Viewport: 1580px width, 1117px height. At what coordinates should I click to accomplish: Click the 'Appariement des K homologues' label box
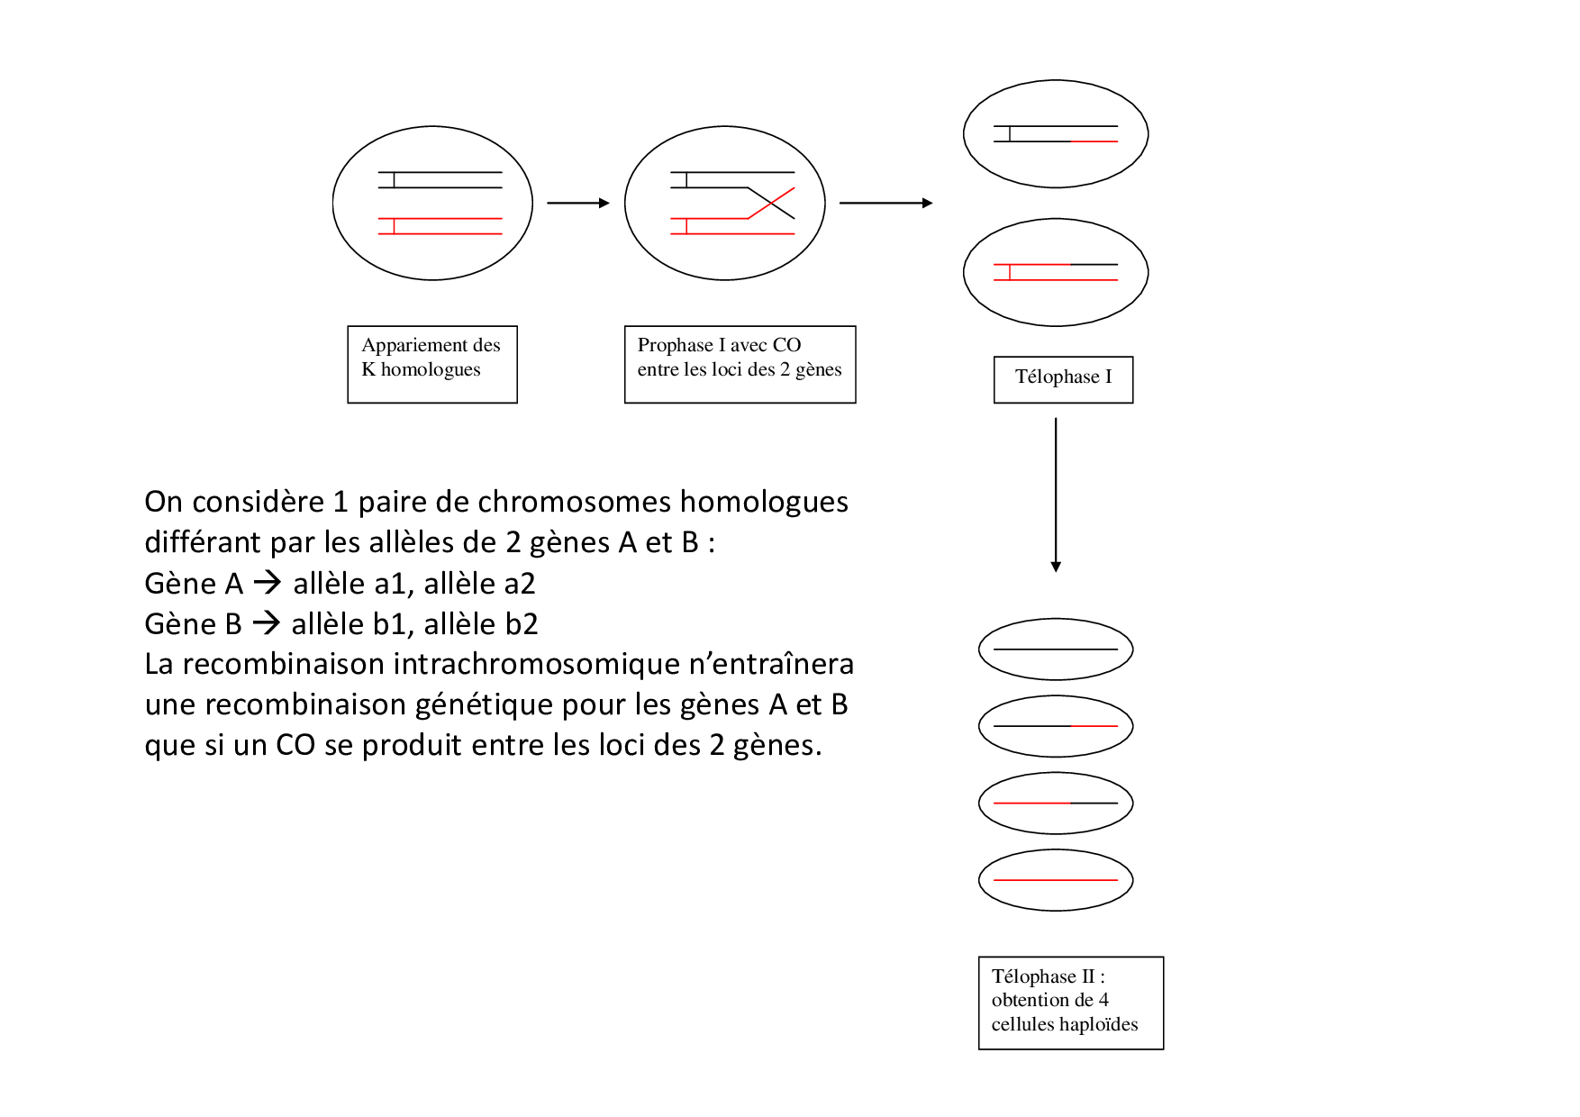(432, 364)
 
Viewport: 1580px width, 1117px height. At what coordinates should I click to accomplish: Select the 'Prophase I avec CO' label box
(740, 364)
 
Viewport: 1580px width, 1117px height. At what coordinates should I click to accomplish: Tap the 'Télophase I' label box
(1063, 379)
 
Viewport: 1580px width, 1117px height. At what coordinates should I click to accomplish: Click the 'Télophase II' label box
(1070, 1002)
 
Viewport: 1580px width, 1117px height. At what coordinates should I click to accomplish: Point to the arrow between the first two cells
(577, 204)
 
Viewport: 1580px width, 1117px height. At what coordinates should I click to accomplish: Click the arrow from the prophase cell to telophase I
(885, 204)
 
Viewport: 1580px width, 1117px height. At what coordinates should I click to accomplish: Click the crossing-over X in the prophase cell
(772, 204)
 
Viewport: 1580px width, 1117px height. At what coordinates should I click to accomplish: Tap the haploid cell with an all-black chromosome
(1056, 649)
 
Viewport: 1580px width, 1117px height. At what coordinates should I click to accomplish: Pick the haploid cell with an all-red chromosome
(1056, 880)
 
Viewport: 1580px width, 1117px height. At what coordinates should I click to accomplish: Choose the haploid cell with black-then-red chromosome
(1056, 726)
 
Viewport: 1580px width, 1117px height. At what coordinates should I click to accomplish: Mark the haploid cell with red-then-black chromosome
(1056, 803)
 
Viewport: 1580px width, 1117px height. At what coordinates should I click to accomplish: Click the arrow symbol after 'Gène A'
(267, 583)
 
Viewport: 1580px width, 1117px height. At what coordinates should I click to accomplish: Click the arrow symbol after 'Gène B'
(266, 623)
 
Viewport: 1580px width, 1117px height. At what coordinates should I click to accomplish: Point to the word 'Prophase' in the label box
(675, 345)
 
